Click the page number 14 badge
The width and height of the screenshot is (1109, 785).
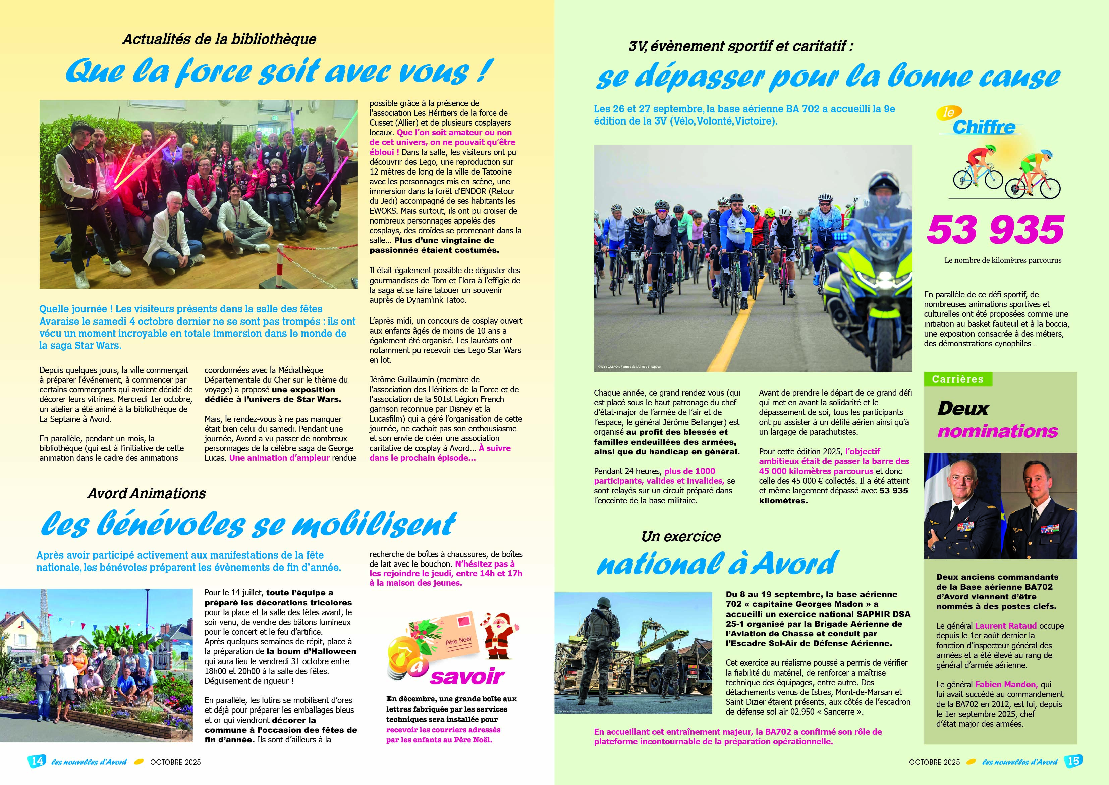(36, 761)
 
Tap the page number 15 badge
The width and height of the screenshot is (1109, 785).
(1073, 761)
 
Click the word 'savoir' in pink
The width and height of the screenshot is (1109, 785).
(467, 677)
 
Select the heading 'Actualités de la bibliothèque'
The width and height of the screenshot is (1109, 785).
(219, 39)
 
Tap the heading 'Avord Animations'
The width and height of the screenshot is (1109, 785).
(147, 494)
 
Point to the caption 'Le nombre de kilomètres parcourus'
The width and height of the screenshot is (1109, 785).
(1003, 260)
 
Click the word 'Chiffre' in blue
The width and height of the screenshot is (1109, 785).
(984, 127)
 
